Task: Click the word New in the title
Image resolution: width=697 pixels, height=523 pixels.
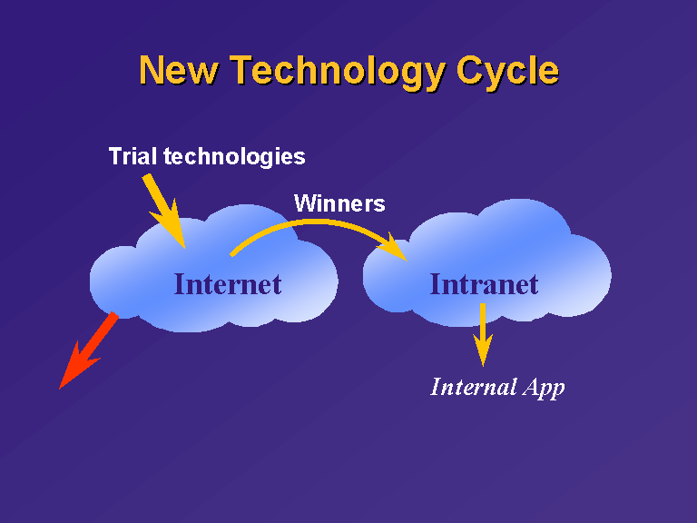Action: point(179,70)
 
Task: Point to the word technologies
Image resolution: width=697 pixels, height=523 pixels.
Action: point(234,157)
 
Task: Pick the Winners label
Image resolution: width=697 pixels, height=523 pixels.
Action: point(339,203)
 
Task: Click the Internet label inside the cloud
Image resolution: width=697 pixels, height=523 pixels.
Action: point(228,284)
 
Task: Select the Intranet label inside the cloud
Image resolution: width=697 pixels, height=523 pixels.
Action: point(484,284)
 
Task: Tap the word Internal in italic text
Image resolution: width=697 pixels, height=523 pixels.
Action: point(474,387)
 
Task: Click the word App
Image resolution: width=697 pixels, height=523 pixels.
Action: point(544,389)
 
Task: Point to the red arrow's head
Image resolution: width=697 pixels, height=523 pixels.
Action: point(78,367)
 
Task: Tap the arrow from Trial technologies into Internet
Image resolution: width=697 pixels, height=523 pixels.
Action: point(163,211)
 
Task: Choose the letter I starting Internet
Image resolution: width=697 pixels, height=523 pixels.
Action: point(180,284)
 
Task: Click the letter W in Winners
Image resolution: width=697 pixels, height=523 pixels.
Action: point(306,203)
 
